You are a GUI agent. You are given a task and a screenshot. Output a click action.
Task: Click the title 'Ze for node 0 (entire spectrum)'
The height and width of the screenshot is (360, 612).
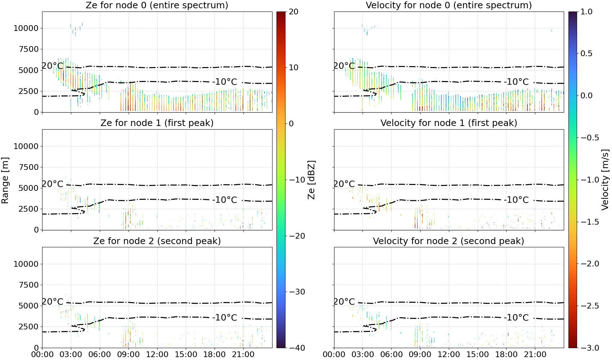click(x=157, y=5)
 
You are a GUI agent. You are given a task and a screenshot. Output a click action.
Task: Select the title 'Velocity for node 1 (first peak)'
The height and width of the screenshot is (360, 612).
click(x=449, y=123)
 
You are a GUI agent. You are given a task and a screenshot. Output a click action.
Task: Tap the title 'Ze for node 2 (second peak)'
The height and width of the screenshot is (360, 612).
click(x=157, y=241)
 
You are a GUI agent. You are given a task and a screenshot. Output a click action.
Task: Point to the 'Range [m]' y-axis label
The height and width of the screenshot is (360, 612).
click(x=5, y=180)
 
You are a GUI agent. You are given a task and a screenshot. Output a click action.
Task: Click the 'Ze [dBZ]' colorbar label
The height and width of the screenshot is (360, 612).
click(x=311, y=180)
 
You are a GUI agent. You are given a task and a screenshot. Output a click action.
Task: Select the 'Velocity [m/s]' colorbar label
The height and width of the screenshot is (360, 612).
click(x=606, y=180)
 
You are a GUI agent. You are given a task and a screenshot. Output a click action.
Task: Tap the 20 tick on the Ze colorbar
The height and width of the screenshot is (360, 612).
click(x=293, y=12)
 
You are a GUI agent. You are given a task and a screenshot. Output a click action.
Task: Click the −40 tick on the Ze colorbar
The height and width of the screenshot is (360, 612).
click(x=297, y=348)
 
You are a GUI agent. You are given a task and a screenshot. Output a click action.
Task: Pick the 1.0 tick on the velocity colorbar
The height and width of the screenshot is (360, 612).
click(x=586, y=12)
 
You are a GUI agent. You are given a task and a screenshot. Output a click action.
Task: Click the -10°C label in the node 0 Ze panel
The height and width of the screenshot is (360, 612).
click(x=225, y=82)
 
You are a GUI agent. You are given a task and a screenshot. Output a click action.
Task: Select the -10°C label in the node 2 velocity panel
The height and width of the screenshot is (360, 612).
click(x=516, y=318)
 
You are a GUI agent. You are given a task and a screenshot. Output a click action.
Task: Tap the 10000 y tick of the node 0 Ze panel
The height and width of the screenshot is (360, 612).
click(x=26, y=28)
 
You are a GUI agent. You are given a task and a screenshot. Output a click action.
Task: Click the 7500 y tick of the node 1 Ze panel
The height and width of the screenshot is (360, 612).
click(x=29, y=167)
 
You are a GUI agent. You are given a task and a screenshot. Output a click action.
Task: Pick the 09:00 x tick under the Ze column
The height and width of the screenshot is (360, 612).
click(x=129, y=355)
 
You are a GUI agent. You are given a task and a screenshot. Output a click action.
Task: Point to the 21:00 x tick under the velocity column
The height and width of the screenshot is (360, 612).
click(x=535, y=355)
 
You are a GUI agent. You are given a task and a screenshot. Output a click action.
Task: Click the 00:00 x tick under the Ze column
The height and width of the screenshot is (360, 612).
click(x=42, y=355)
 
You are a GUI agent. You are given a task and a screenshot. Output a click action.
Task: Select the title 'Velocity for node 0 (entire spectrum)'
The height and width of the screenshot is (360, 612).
click(x=449, y=5)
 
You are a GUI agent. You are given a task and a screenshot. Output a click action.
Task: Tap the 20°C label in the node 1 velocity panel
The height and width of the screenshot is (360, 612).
click(x=344, y=184)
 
